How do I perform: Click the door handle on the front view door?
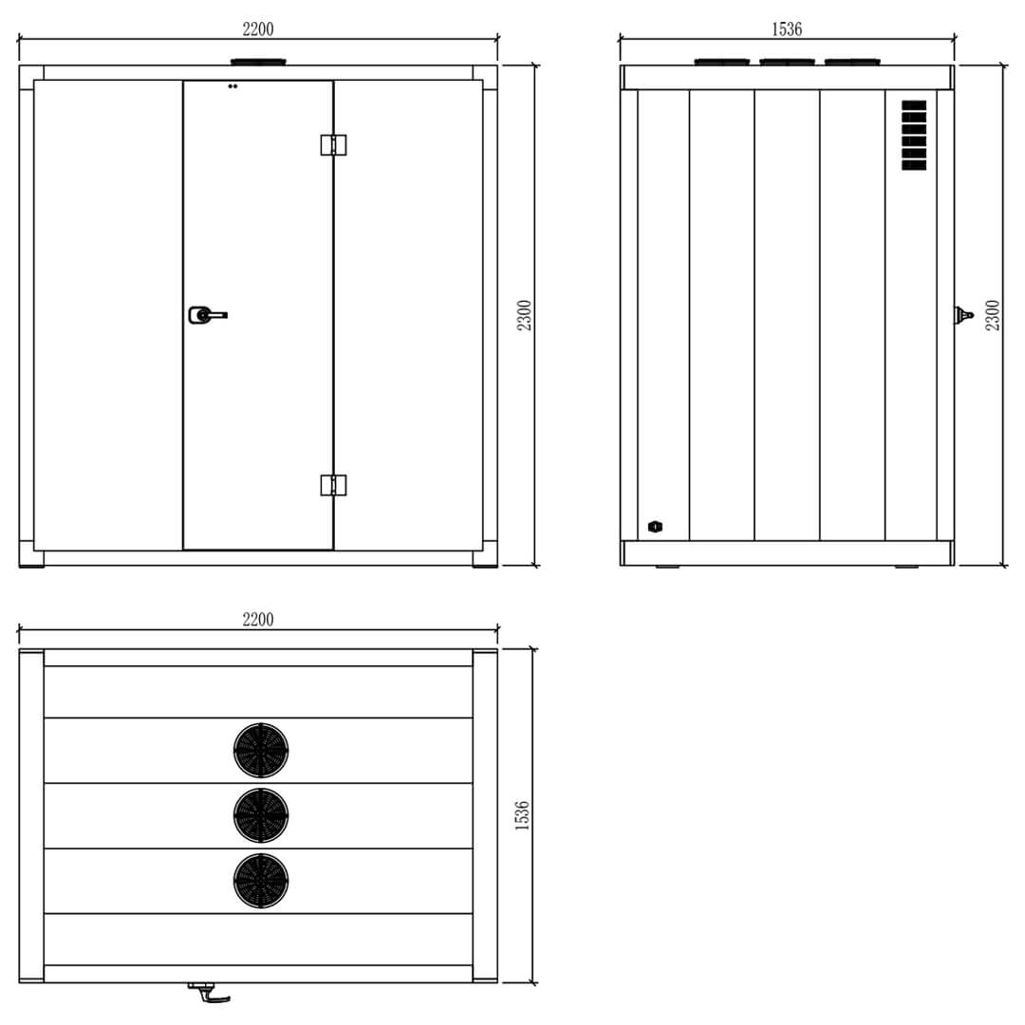point(207,314)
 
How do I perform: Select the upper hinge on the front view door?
point(333,144)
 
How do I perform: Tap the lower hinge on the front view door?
point(333,485)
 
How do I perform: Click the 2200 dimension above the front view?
point(258,29)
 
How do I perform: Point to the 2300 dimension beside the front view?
point(525,315)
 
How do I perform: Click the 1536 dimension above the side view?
point(787,29)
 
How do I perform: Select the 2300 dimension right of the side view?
point(993,315)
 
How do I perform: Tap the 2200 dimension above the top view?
point(258,620)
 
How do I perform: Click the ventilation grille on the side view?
point(914,136)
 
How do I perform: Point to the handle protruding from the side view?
point(963,315)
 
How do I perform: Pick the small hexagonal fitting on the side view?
point(655,527)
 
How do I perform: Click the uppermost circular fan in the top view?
point(261,751)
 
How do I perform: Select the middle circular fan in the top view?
point(261,815)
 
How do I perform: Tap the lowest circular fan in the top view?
point(261,880)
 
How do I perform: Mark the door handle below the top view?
point(209,992)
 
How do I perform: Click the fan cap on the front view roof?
point(258,62)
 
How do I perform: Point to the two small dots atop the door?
point(233,86)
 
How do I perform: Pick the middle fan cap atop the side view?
point(787,62)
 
